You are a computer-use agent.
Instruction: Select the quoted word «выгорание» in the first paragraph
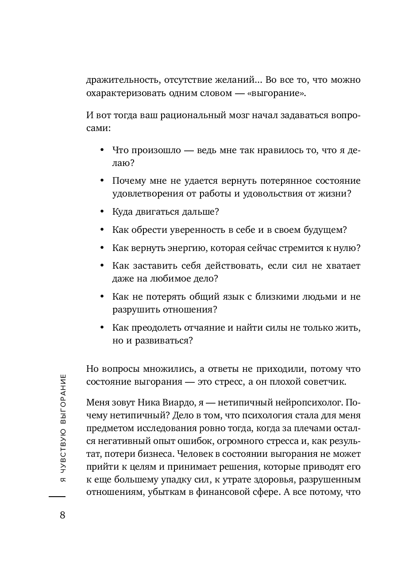pyautogui.click(x=282, y=94)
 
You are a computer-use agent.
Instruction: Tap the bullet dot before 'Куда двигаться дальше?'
pyautogui.click(x=102, y=212)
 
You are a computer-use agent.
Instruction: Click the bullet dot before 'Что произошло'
pyautogui.click(x=102, y=151)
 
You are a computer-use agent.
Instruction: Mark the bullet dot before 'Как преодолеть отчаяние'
pyautogui.click(x=102, y=328)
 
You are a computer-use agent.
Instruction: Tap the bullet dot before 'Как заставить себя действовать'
pyautogui.click(x=102, y=266)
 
